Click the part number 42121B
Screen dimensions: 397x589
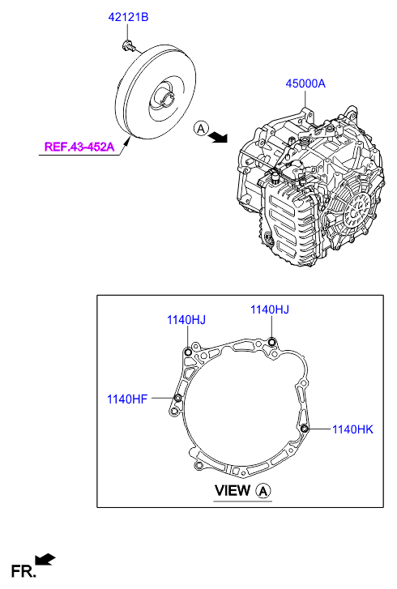(128, 17)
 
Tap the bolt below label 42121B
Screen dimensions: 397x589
(129, 46)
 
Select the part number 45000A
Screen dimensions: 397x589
(305, 83)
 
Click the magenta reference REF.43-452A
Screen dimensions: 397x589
(79, 146)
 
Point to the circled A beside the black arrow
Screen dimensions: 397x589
(201, 129)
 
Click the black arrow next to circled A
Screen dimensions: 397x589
(219, 137)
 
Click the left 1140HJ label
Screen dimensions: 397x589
(186, 320)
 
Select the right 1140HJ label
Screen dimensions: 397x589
(270, 309)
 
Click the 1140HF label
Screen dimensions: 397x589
(127, 399)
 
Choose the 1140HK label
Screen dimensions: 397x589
(352, 429)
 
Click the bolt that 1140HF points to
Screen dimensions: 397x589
(178, 398)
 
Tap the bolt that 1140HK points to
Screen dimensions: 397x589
(305, 429)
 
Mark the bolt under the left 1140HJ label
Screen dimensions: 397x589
(188, 352)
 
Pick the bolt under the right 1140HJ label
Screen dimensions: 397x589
(272, 342)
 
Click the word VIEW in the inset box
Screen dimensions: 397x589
(232, 491)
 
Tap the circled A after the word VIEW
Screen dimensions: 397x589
(263, 491)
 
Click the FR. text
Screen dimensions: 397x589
(23, 571)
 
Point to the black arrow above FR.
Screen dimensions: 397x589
(45, 559)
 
